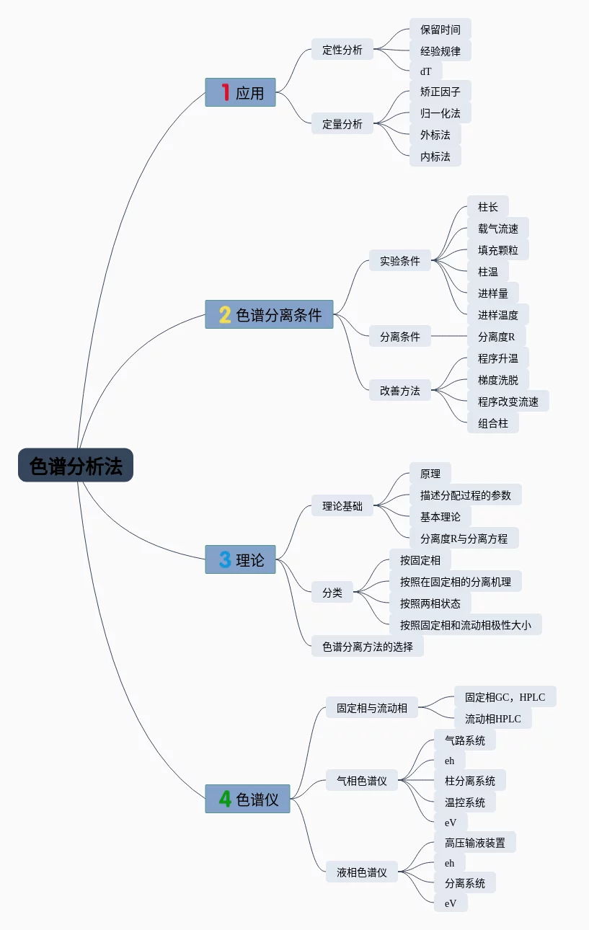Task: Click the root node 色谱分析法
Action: click(76, 465)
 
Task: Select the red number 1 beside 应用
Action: click(225, 92)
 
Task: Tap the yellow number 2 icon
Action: click(225, 314)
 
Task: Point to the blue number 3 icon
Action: click(225, 559)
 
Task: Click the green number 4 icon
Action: click(225, 799)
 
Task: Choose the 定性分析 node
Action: click(342, 50)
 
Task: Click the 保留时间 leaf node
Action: click(440, 30)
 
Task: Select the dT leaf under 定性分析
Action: click(425, 71)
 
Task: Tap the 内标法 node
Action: click(435, 156)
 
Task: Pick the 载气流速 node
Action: click(497, 229)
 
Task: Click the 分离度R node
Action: click(496, 337)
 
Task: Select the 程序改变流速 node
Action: click(508, 402)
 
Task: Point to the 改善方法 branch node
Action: click(399, 391)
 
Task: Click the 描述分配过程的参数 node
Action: click(465, 495)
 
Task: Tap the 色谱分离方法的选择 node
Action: click(368, 647)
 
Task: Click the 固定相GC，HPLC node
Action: click(505, 697)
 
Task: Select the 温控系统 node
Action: click(464, 802)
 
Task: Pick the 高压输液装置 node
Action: click(474, 843)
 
